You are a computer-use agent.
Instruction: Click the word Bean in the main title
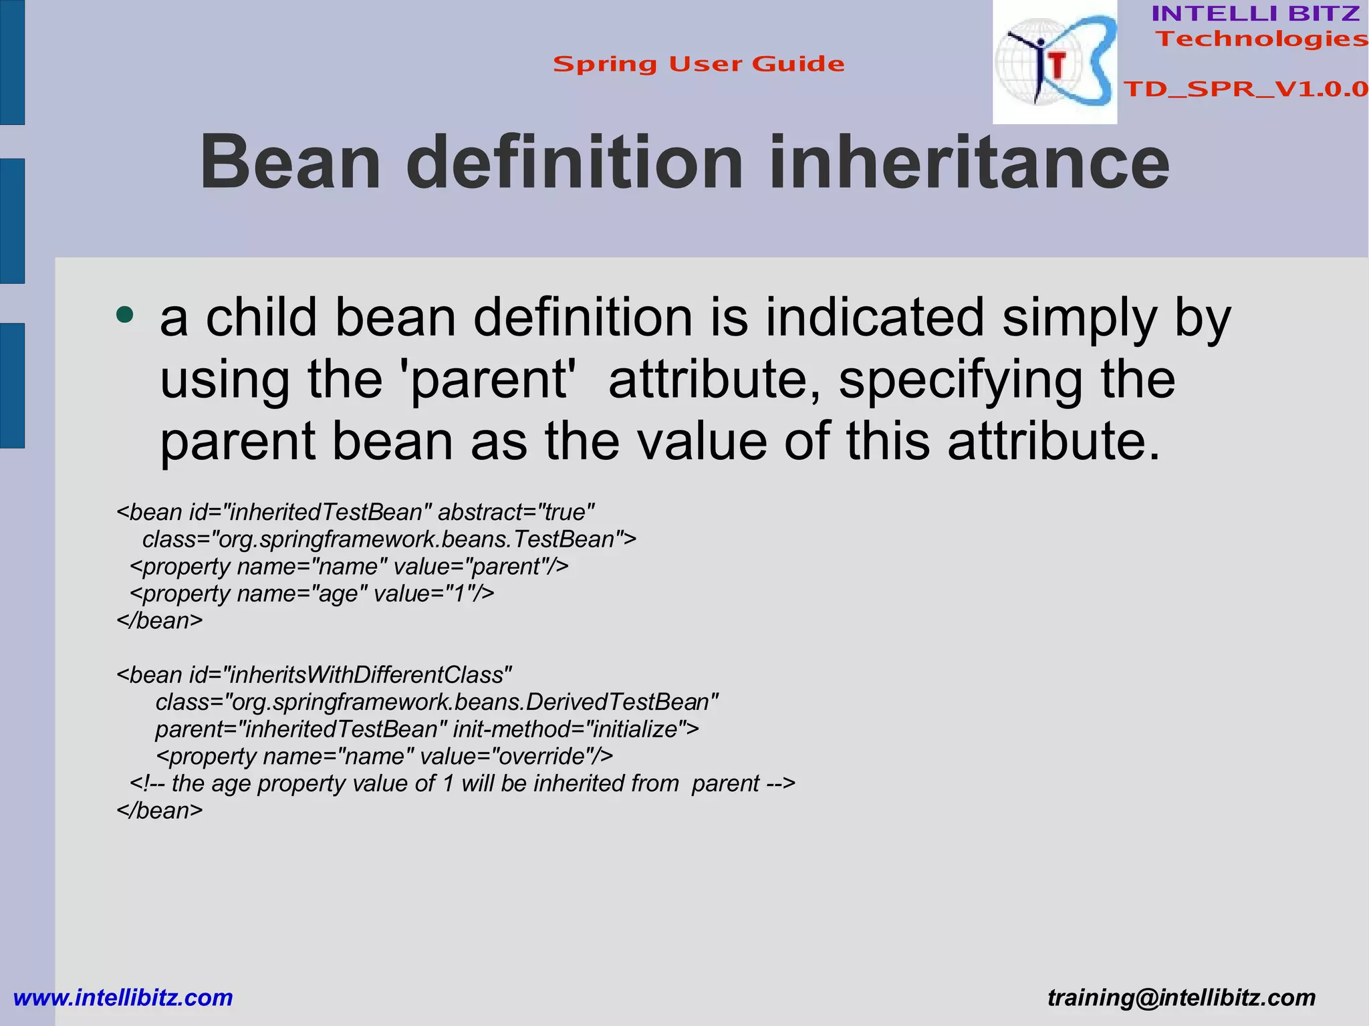tap(291, 162)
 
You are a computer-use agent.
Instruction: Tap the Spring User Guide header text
tap(699, 64)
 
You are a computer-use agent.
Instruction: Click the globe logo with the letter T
tap(1054, 62)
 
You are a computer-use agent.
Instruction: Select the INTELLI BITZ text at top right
tap(1255, 13)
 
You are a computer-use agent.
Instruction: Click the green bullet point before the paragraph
tap(124, 314)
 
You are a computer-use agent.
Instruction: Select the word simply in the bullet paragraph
tap(1078, 317)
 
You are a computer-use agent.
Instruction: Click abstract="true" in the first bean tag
tap(515, 513)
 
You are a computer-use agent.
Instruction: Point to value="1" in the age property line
tap(433, 594)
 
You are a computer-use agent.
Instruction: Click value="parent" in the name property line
tap(481, 567)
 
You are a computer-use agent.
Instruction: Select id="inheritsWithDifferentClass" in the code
tap(350, 675)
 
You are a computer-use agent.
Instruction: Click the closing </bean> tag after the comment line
tap(159, 811)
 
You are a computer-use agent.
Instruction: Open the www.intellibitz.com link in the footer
tap(123, 998)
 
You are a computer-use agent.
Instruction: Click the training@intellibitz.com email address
tap(1181, 998)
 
